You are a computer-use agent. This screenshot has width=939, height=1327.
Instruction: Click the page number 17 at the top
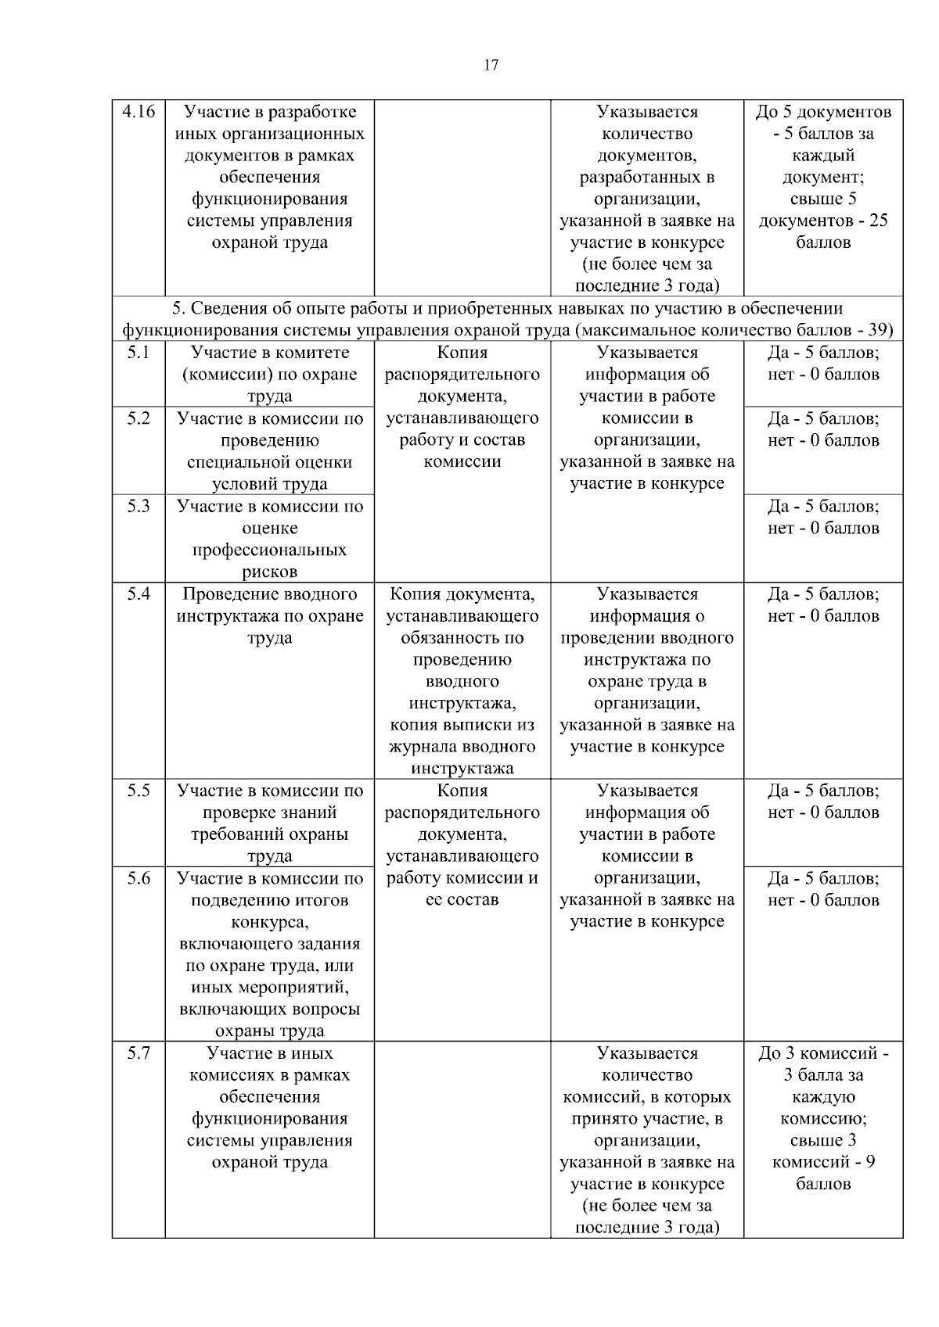(x=491, y=66)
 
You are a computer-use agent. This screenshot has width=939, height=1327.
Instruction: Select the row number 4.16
(x=139, y=112)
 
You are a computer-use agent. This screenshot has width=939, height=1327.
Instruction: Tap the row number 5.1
(x=139, y=353)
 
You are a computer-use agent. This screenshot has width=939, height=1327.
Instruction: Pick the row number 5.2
(x=139, y=418)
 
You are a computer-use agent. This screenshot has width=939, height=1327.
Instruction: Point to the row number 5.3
(x=139, y=506)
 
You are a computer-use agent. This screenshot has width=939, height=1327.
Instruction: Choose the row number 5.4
(x=139, y=594)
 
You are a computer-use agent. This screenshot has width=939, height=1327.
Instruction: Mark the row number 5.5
(x=139, y=791)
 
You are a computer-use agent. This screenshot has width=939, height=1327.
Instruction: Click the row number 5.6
(x=139, y=878)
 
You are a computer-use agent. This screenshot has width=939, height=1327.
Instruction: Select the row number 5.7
(x=139, y=1053)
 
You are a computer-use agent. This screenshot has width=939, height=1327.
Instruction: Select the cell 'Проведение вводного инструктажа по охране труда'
(x=270, y=615)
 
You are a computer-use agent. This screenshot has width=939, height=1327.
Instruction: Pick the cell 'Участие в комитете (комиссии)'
(x=270, y=374)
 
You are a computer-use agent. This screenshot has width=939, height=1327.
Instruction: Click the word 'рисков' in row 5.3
(x=269, y=572)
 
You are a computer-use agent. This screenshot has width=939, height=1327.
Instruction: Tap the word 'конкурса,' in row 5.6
(x=270, y=922)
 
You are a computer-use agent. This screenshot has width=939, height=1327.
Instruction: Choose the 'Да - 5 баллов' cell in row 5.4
(x=823, y=604)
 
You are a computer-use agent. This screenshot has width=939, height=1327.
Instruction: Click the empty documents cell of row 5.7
(x=462, y=1139)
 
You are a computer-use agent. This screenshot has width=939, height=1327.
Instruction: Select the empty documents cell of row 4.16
(x=462, y=197)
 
